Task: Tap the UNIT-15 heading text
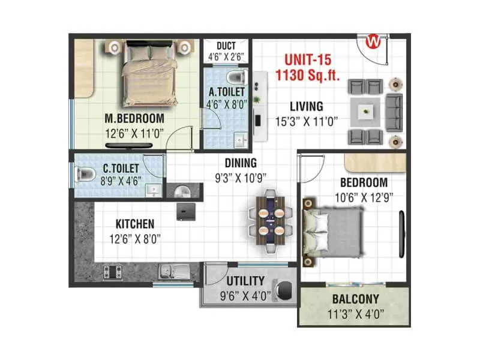tap(307, 61)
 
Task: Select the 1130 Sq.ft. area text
tap(307, 75)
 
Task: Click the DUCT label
tap(226, 46)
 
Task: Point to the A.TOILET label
tap(226, 92)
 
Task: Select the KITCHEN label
tap(135, 224)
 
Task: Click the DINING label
tap(241, 163)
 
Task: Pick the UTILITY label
tap(245, 281)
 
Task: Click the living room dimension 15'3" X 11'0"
tap(307, 120)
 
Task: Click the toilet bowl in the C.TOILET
tap(86, 175)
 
